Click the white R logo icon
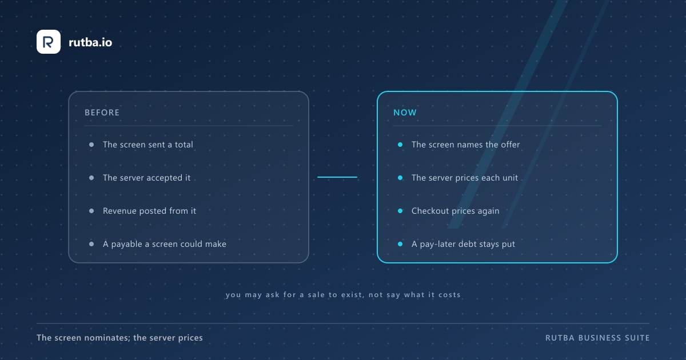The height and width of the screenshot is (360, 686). point(49,42)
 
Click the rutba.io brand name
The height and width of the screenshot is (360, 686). point(90,42)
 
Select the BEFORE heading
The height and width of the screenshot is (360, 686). point(102,113)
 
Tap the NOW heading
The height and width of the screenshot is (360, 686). point(405,113)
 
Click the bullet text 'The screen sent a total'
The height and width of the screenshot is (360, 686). point(148,145)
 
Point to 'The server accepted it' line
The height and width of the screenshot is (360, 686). point(147,178)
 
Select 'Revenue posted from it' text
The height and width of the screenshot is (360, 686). point(149,211)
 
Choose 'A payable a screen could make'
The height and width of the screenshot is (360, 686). point(165,244)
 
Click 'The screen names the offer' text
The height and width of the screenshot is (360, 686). point(465,145)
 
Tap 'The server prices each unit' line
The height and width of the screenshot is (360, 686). point(465,178)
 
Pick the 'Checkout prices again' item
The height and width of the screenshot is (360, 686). point(456,211)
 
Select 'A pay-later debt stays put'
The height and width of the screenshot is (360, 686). point(463,244)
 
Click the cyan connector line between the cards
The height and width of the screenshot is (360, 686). point(337,177)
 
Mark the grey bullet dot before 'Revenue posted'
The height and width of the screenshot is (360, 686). point(91,211)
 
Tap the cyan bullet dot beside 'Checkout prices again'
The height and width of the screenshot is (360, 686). point(400,211)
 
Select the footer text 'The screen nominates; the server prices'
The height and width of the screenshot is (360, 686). point(119,338)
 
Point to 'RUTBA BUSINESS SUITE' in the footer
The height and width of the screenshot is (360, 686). point(597,338)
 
